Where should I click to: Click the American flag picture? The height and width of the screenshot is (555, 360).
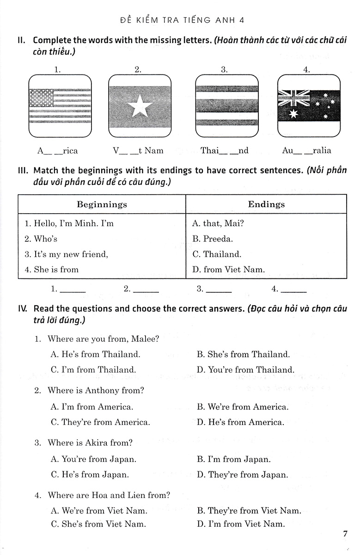[60, 105]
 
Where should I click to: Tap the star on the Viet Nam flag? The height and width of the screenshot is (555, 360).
[140, 107]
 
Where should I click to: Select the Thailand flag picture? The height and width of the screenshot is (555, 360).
[226, 105]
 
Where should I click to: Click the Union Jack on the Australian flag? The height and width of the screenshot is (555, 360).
[293, 99]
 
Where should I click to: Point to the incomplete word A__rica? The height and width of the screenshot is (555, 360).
[57, 150]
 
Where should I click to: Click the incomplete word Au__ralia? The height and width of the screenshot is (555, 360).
[306, 150]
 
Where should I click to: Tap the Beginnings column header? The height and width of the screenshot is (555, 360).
[102, 204]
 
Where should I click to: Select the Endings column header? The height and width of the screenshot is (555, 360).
[266, 204]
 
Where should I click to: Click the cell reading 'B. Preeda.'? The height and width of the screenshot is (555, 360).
[212, 239]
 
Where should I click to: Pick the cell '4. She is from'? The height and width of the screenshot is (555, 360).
[52, 269]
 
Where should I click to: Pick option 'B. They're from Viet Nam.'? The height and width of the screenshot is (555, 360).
[249, 511]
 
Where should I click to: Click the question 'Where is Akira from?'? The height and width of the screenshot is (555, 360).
[90, 443]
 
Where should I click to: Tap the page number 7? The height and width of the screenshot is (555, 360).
[345, 534]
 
